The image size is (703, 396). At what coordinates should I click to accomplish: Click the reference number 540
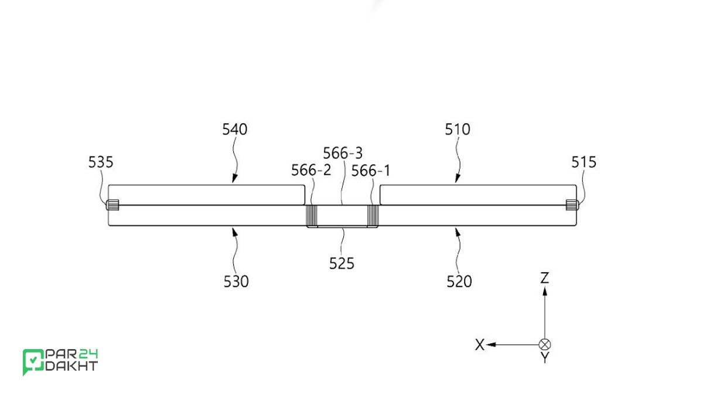click(235, 129)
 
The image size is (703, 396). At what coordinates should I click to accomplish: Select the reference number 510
click(458, 129)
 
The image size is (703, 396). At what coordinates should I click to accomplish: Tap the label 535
click(101, 162)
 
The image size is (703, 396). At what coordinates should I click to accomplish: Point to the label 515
click(583, 162)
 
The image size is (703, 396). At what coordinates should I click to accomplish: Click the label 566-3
click(343, 153)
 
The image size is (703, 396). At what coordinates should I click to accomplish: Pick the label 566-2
click(311, 170)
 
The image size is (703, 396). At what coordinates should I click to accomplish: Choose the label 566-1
click(371, 171)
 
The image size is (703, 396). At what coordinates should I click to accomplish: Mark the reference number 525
click(342, 263)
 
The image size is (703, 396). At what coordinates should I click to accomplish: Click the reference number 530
click(236, 281)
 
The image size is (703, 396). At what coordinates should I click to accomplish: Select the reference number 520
click(459, 281)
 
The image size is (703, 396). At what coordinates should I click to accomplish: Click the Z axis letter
click(544, 278)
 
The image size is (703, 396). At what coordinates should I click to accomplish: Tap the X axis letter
click(480, 345)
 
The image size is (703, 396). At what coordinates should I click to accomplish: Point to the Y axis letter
click(545, 358)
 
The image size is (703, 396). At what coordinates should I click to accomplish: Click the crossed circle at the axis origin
click(545, 345)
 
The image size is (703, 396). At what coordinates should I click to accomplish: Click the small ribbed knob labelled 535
click(112, 205)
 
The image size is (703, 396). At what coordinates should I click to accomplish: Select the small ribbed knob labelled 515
click(572, 205)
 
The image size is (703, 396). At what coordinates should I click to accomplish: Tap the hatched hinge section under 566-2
click(311, 216)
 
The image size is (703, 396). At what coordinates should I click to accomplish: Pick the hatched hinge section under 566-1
click(373, 216)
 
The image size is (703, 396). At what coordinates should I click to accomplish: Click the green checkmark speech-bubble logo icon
click(33, 361)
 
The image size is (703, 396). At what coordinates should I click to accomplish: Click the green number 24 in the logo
click(88, 354)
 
